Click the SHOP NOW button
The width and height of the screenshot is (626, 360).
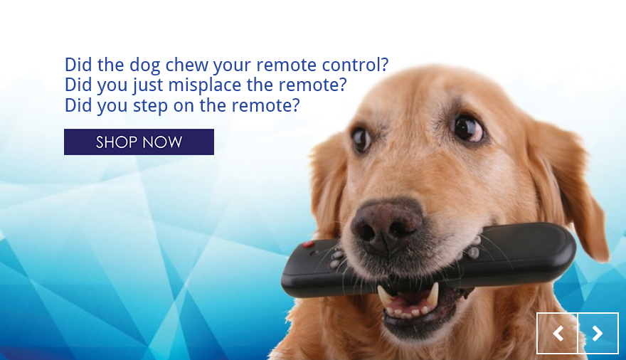coord(139,142)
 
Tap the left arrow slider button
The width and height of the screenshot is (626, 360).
coord(558,333)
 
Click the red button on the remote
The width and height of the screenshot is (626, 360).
coord(309,244)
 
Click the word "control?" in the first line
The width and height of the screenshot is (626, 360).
coord(355,65)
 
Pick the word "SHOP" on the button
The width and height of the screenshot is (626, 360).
coord(117,142)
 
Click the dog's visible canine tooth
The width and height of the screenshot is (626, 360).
coord(433,294)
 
